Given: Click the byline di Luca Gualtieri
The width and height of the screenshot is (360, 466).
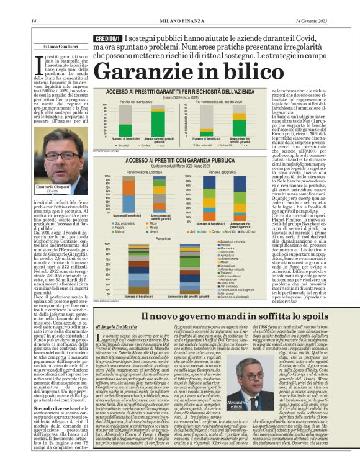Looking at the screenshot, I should click(x=60, y=47).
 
